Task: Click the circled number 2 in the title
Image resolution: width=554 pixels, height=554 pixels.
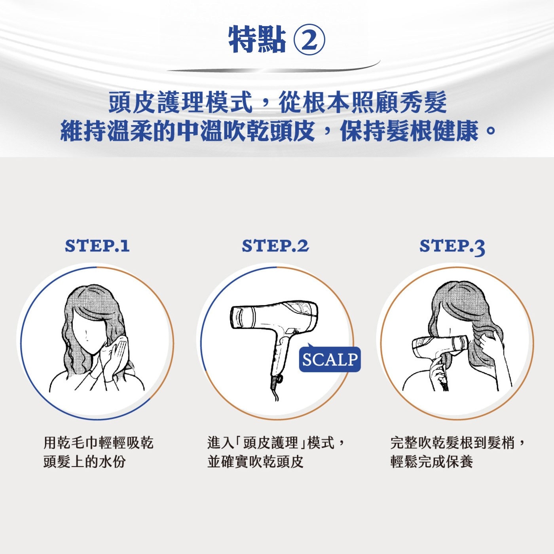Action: (309, 40)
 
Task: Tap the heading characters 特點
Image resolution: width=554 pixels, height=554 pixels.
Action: (257, 40)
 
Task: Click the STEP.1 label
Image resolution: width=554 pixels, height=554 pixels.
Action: (97, 246)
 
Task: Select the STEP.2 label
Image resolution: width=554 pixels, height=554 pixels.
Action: (275, 246)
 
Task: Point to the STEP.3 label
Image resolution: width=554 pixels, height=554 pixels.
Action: (452, 247)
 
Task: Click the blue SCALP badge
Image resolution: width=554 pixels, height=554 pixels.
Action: (330, 359)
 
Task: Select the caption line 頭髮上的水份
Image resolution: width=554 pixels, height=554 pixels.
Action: (85, 462)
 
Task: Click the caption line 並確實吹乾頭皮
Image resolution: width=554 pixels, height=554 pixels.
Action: (255, 462)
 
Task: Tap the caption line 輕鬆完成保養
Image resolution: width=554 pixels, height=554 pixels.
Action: (432, 462)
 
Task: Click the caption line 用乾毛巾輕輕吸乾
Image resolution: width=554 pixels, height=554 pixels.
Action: (98, 443)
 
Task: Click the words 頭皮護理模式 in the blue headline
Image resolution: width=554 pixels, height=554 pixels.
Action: (180, 102)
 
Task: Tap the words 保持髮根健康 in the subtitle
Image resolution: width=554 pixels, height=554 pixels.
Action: (410, 131)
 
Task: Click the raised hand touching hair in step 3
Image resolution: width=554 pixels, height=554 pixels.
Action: (490, 345)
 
